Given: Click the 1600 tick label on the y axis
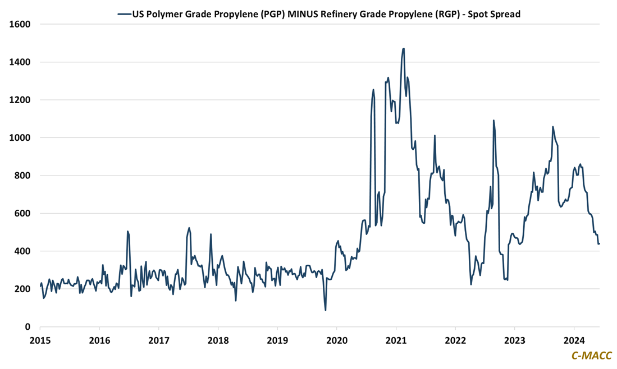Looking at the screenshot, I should point(21,24).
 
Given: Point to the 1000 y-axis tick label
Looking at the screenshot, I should point(21,137).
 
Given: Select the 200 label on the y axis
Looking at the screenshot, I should point(23,289).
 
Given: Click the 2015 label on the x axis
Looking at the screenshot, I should point(40,340).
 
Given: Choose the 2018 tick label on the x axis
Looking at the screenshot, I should point(218,340).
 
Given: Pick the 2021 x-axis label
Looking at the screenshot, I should point(396,340).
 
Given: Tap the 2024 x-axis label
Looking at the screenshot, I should point(574,340).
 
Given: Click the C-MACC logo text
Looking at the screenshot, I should point(591,356).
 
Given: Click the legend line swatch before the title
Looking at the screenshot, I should point(124,15).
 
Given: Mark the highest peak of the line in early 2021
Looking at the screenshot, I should point(403,49).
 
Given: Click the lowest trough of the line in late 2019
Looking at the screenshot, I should point(326,310).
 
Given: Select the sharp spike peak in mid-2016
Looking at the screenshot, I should point(127,231).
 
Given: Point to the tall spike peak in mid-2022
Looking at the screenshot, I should point(493,120).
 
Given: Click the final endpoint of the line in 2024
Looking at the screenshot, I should point(599,243).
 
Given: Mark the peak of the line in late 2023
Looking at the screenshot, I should point(552,127).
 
